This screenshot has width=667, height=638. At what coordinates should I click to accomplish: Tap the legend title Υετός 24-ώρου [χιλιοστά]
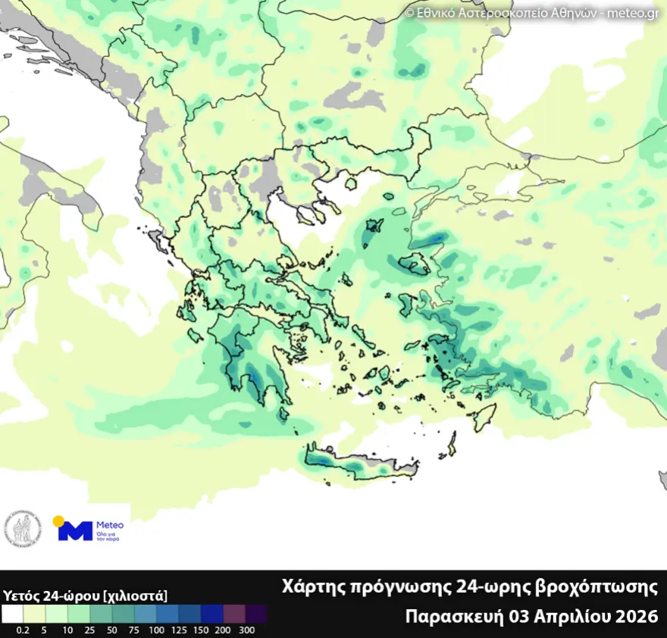coord(85,595)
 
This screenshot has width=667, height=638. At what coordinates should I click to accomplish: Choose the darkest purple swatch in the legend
coord(255,613)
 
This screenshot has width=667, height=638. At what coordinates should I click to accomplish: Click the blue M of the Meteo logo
coord(75,530)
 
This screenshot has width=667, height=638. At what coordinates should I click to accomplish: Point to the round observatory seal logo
coord(23,529)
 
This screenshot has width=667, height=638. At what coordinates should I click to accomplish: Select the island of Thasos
coord(350,183)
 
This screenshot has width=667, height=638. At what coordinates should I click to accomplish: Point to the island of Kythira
coord(285,413)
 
